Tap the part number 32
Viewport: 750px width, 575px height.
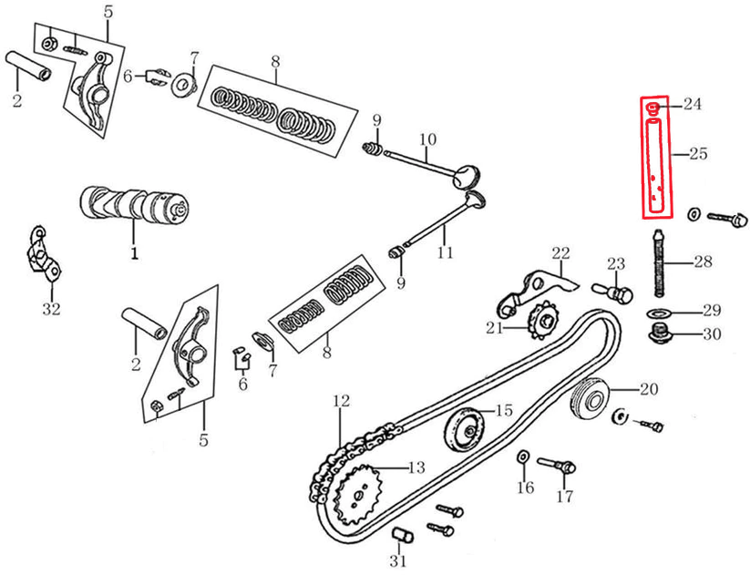[x=51, y=309]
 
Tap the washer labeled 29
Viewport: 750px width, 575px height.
[x=657, y=313]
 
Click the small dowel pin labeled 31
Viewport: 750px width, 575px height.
[x=399, y=533]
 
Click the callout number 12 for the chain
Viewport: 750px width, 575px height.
[x=340, y=400]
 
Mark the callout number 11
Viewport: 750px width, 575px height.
[x=445, y=252]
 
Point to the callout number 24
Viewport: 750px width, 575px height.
[x=693, y=104]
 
